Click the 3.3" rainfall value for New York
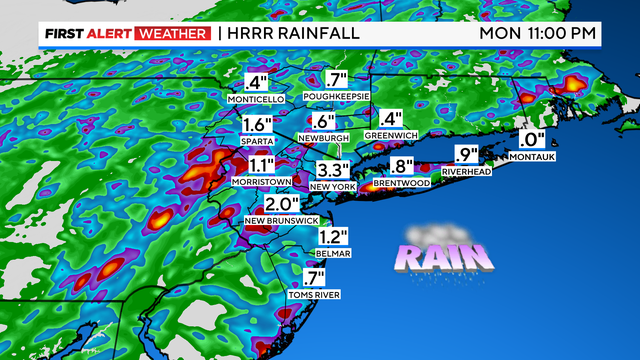click(x=334, y=169)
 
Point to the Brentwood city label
click(x=401, y=185)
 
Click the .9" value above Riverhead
click(x=467, y=155)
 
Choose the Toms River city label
click(x=307, y=294)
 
